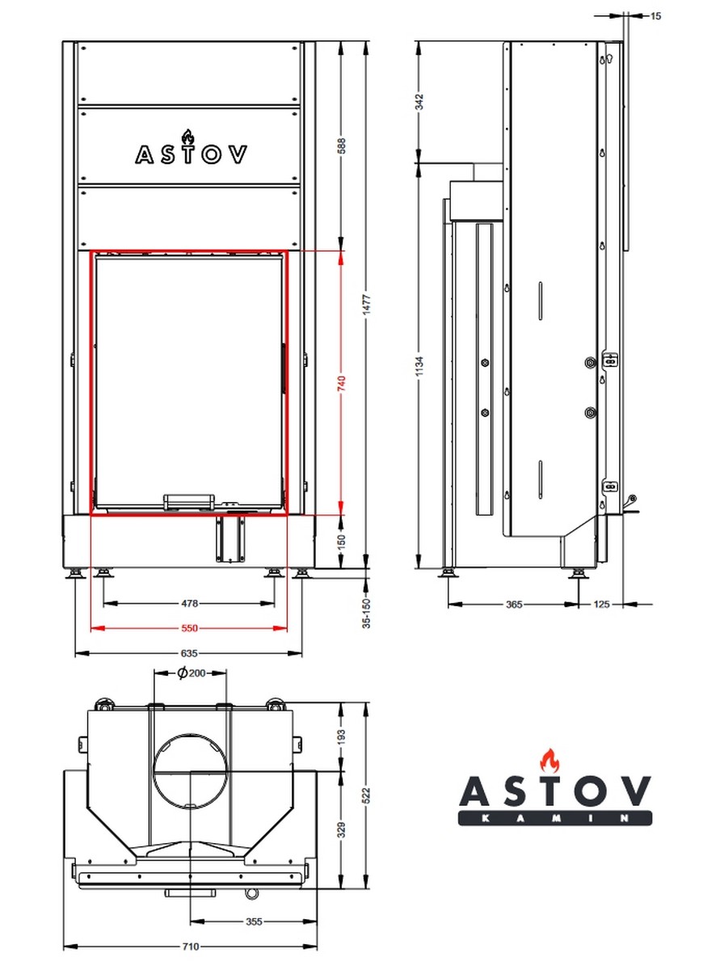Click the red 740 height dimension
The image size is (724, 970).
[x=341, y=382]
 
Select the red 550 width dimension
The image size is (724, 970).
[x=190, y=628]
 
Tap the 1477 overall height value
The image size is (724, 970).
[x=366, y=305]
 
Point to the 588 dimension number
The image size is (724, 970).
[x=341, y=146]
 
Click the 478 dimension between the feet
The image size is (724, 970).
[x=190, y=603]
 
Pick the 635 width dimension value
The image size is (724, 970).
[x=189, y=653]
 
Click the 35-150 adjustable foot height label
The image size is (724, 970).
[x=366, y=614]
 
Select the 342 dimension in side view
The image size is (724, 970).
[x=419, y=102]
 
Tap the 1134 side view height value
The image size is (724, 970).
[x=419, y=366]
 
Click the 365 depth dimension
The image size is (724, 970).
[x=514, y=604]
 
